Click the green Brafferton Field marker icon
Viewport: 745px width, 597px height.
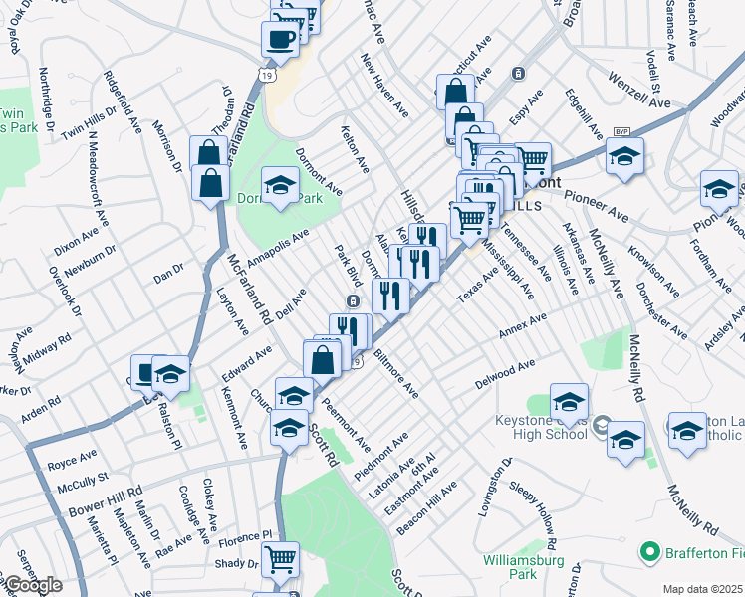(x=651, y=550)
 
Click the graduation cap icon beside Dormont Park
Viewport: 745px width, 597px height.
(x=281, y=185)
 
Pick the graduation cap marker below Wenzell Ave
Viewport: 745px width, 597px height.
(x=624, y=156)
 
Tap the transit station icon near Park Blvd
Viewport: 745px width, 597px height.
(x=353, y=300)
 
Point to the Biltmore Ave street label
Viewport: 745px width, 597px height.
(x=396, y=372)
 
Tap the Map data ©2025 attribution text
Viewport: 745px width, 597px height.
(x=702, y=589)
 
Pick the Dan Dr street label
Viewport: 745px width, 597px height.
(x=168, y=268)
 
